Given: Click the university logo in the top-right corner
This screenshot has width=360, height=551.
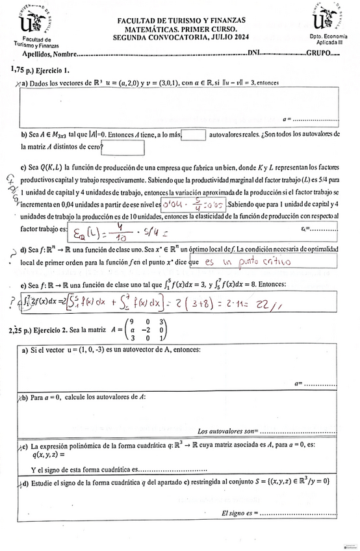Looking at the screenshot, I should (329, 19).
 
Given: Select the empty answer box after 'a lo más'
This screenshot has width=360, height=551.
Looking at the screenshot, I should (194, 135).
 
